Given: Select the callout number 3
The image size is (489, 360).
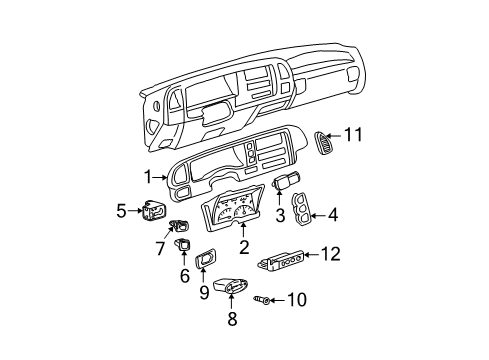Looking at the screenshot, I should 281,214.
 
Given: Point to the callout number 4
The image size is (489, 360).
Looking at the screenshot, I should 332,213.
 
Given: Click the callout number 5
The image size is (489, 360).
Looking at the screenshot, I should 121,210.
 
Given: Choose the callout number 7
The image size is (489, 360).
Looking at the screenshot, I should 158,245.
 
